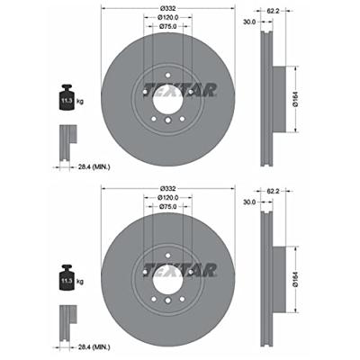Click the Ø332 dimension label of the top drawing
tap(167, 9)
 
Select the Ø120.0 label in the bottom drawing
tap(168, 198)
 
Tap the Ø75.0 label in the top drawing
tap(168, 27)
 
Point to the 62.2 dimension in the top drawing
tap(273, 12)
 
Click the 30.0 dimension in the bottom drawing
tap(249, 202)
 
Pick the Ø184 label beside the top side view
tap(295, 99)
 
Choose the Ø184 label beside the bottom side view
tap(295, 279)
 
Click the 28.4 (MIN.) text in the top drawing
tap(94, 167)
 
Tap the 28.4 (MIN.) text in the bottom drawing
tap(94, 347)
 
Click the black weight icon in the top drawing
tap(67, 97)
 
